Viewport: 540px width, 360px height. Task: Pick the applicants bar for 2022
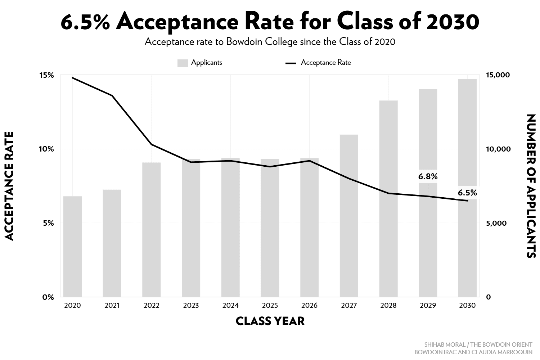(151, 230)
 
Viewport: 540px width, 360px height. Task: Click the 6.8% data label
(428, 177)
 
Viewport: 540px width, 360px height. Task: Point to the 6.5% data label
(467, 193)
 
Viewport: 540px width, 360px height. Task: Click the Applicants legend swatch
(183, 63)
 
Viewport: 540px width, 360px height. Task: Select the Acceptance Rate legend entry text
(325, 63)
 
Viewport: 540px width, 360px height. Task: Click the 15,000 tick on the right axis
(498, 75)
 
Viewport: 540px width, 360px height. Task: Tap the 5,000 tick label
(496, 223)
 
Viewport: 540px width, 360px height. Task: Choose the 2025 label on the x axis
(270, 306)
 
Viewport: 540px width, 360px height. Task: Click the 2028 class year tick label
(388, 306)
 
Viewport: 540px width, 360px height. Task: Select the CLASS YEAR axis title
(270, 321)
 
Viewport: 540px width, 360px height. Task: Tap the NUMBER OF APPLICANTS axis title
(531, 186)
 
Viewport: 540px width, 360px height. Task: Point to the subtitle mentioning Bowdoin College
(270, 42)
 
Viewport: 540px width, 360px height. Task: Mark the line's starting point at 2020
(72, 78)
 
